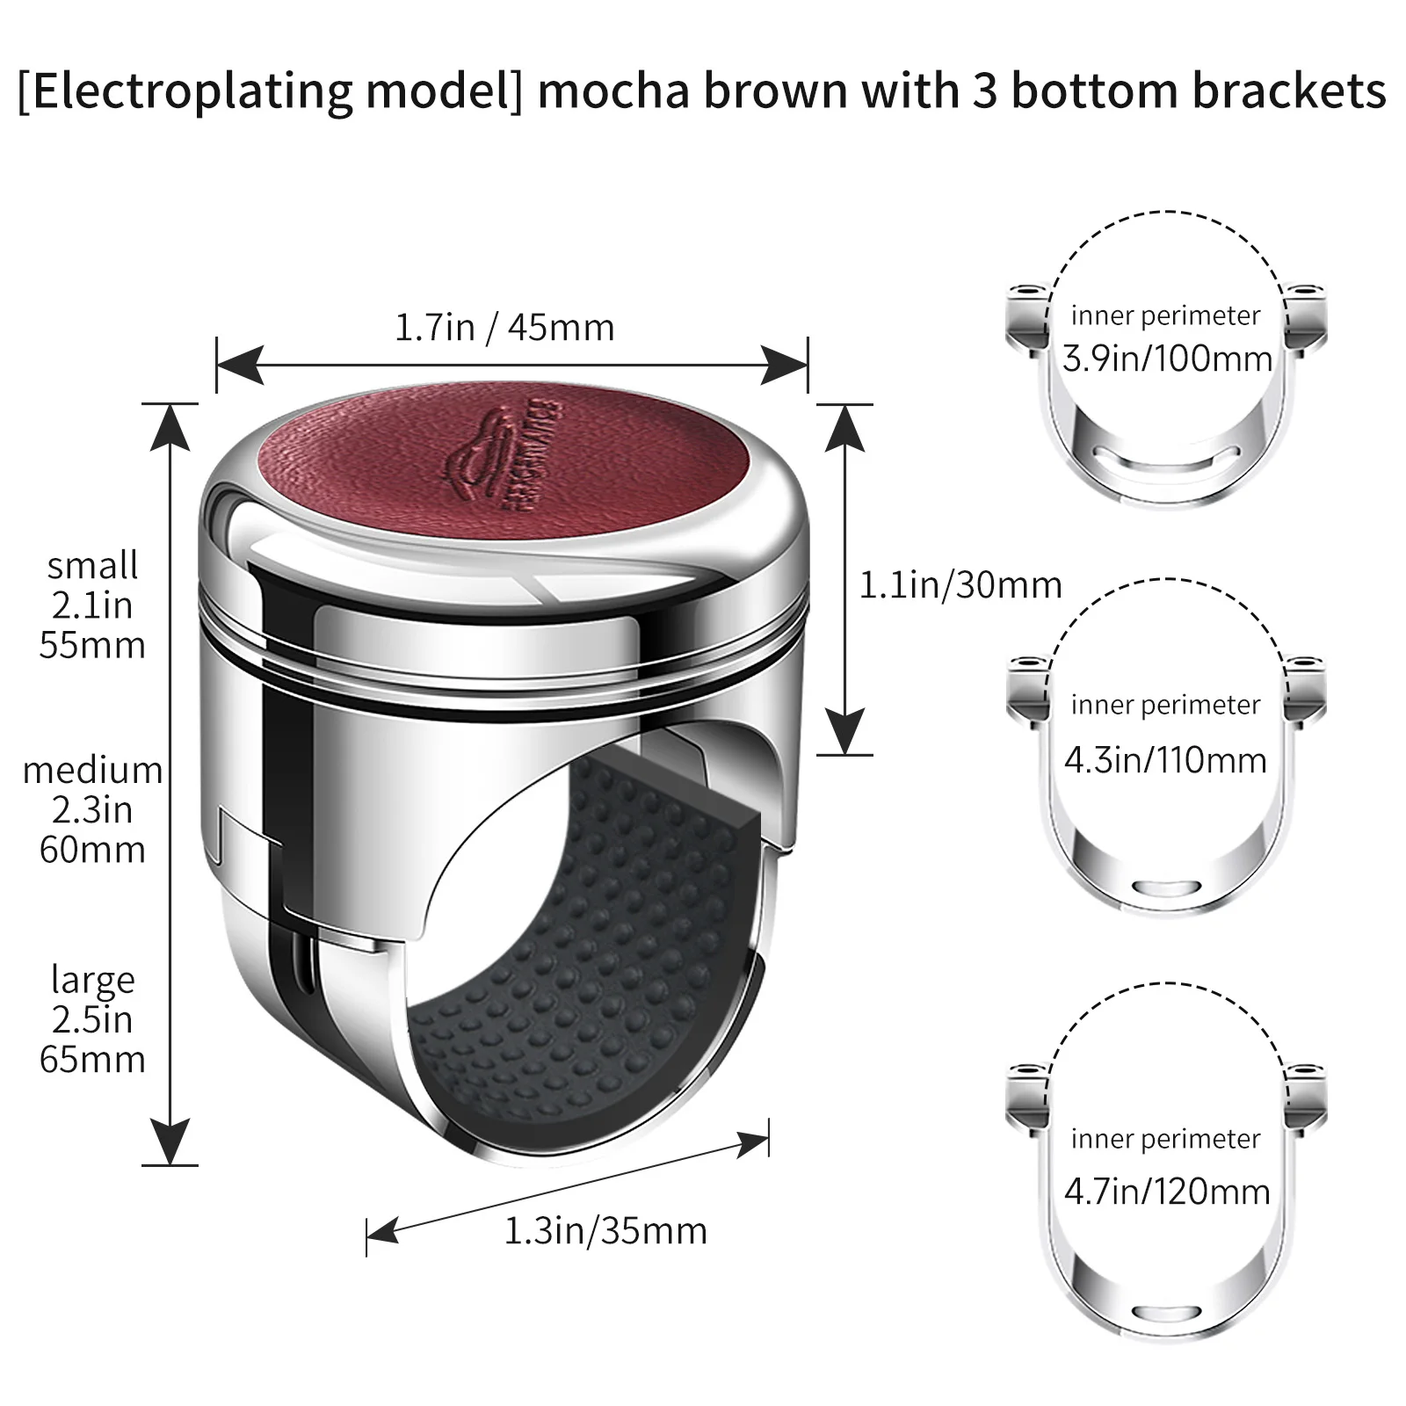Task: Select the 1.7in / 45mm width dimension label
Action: click(504, 328)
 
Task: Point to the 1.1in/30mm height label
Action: click(960, 585)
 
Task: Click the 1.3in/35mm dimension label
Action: click(605, 1231)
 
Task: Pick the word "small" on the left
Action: click(92, 565)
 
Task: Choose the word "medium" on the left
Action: click(92, 771)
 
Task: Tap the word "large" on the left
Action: click(92, 979)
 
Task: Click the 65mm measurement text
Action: click(92, 1059)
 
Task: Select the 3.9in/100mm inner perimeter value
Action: click(1167, 359)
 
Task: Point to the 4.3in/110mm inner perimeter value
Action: click(1165, 760)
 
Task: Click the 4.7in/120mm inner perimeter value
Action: click(1167, 1192)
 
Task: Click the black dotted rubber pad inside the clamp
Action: click(580, 967)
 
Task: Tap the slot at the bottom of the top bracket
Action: click(1167, 456)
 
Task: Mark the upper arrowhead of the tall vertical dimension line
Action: click(170, 426)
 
